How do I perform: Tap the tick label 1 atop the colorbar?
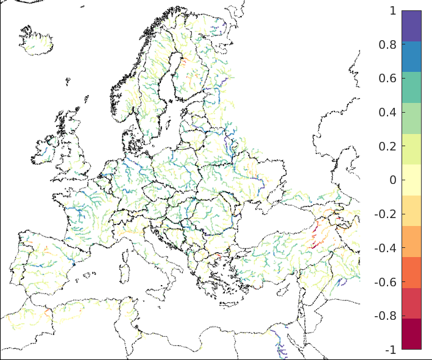pos(392,11)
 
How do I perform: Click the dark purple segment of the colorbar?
pos(411,26)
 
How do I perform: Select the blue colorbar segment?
pos(411,57)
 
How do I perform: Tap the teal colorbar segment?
pos(411,87)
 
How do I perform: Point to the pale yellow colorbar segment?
pos(411,180)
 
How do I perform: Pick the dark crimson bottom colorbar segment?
pos(411,334)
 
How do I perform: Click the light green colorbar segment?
pos(411,118)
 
